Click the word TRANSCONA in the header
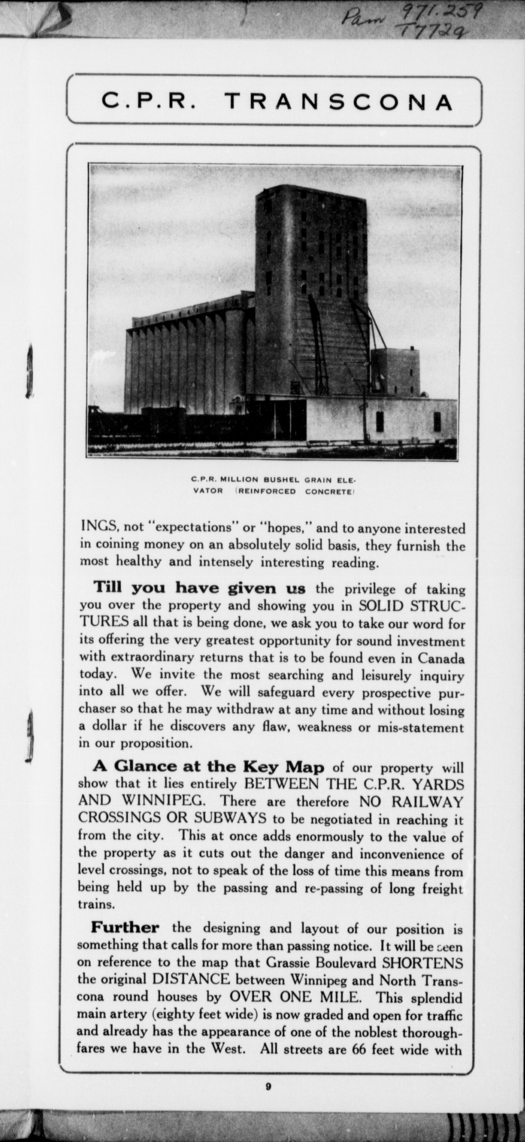(x=340, y=102)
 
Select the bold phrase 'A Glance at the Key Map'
(x=208, y=766)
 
